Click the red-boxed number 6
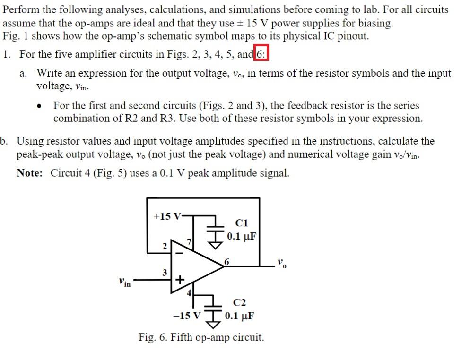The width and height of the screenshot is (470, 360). tap(261, 54)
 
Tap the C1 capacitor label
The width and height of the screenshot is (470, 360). tap(241, 223)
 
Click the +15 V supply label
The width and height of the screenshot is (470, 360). tap(166, 216)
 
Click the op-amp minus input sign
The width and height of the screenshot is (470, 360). tap(179, 252)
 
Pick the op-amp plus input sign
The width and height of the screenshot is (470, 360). tap(179, 279)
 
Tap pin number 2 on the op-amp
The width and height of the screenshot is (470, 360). tap(164, 246)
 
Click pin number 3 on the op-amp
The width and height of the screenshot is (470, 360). tap(164, 273)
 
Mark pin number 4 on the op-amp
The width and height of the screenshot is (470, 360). tap(189, 293)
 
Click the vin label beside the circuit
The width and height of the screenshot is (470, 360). tap(125, 283)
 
